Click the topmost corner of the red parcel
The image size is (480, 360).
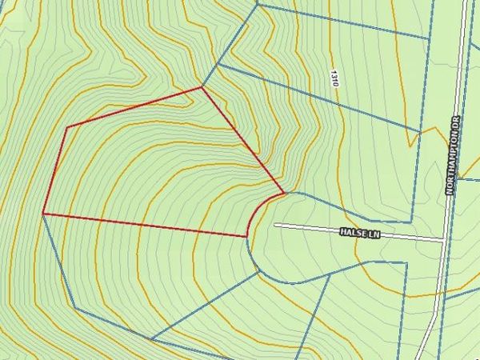(200, 87)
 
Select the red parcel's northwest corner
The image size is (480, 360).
(66, 126)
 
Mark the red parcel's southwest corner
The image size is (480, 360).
(43, 214)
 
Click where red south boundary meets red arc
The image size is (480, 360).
(246, 237)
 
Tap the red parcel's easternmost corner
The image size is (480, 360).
(283, 193)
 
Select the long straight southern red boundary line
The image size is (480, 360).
(144, 225)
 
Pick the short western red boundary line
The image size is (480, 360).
(54, 170)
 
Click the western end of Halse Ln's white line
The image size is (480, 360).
(276, 225)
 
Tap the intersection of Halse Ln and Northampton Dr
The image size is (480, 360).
(445, 238)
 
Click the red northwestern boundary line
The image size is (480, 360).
(133, 107)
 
